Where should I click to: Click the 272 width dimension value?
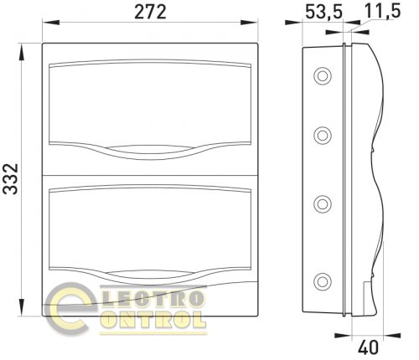click(150, 12)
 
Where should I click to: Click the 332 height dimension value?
click(11, 179)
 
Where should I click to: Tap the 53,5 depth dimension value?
click(323, 12)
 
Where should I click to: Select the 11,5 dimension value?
click(382, 11)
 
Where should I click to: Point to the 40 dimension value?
click(368, 347)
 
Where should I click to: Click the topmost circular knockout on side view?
click(323, 76)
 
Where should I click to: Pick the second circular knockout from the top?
click(323, 136)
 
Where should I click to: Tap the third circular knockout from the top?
click(323, 204)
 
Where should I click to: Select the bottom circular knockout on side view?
click(323, 281)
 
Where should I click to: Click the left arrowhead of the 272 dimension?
click(51, 23)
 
